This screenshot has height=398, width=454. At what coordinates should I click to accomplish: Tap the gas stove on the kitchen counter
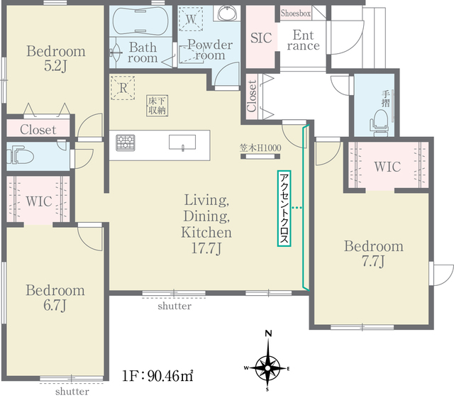(x=126, y=143)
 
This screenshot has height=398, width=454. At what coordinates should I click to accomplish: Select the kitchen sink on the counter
(x=182, y=143)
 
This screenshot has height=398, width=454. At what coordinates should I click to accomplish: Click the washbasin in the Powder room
(x=228, y=13)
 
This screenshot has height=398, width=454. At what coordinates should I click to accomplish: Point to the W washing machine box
(x=191, y=19)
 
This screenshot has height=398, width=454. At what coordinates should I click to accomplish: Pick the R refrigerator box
(x=123, y=88)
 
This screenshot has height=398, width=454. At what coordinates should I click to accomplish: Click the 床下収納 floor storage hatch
(x=157, y=106)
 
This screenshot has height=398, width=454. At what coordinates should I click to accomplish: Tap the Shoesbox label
(x=296, y=13)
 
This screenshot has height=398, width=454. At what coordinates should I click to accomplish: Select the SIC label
(x=261, y=38)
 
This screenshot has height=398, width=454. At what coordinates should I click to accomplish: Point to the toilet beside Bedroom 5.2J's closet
(x=21, y=156)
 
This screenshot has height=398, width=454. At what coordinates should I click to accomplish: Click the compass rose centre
(x=268, y=368)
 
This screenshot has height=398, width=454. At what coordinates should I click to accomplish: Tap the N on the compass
(x=268, y=333)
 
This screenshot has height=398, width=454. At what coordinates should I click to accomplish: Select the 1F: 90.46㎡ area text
(x=157, y=376)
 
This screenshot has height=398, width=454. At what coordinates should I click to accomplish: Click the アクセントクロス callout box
(x=284, y=209)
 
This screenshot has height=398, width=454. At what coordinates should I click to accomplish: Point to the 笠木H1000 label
(x=260, y=148)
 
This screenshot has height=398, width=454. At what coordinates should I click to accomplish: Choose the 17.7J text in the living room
(x=206, y=248)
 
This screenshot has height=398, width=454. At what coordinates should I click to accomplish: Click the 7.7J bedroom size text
(x=373, y=261)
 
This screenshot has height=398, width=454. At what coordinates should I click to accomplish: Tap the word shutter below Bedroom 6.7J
(x=72, y=392)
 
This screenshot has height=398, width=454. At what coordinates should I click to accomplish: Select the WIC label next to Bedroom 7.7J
(x=387, y=167)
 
